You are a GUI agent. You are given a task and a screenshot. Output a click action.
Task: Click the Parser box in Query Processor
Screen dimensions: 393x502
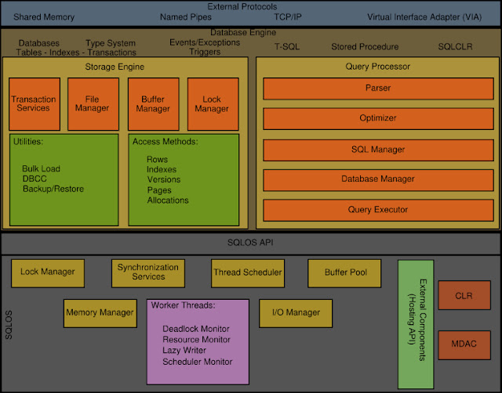[x=377, y=88]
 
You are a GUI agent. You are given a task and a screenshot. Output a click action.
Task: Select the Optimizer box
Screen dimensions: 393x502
[x=377, y=118]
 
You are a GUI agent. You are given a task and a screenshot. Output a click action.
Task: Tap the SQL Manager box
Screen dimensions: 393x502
[x=377, y=149]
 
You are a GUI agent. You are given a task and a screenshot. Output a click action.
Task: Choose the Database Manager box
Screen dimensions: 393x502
[x=377, y=179]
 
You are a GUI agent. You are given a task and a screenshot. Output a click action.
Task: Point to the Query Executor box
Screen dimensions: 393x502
[x=377, y=210]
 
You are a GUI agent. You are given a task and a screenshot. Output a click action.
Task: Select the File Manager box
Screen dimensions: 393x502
[x=93, y=103]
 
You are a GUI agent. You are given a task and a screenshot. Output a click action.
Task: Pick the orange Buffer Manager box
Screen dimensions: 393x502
[x=152, y=103]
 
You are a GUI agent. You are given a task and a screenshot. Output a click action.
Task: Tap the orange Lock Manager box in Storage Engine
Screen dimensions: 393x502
[x=212, y=103]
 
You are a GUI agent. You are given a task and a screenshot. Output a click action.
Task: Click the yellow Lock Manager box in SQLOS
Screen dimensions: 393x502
[x=47, y=272]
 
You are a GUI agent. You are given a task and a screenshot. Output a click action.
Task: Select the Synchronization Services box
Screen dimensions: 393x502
[x=148, y=272]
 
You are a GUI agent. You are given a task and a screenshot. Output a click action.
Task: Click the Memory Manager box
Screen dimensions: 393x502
[x=100, y=313]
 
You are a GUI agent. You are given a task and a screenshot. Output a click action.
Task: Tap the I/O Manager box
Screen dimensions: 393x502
[x=296, y=313]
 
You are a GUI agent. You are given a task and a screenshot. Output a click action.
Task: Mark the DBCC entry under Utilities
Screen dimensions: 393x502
[x=35, y=178]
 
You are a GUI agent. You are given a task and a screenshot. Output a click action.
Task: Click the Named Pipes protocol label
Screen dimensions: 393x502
[x=185, y=16]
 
